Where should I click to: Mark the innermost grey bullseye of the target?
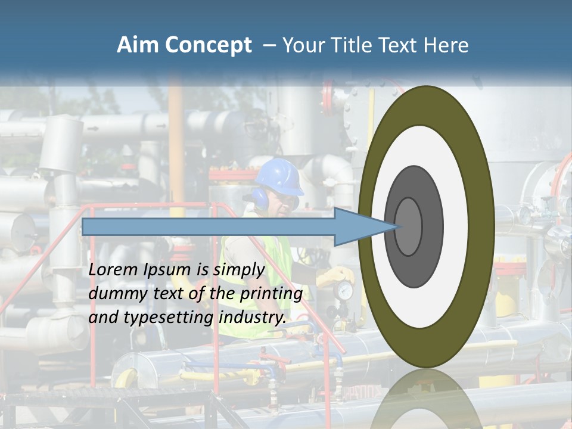tap(409, 226)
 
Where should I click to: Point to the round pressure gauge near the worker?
tap(344, 291)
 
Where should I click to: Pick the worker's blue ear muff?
tap(261, 198)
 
